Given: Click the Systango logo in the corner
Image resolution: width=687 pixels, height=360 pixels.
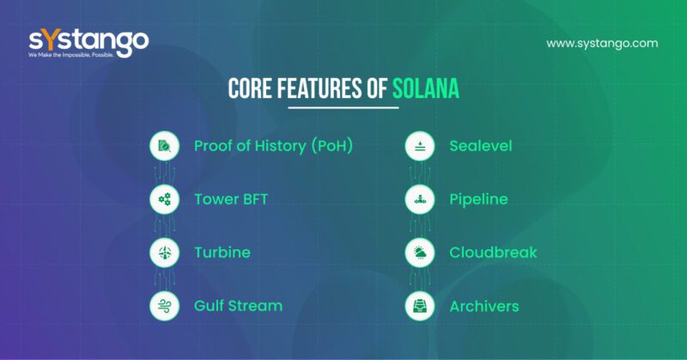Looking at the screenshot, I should click(x=88, y=43).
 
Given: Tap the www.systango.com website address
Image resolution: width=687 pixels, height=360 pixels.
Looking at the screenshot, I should click(x=601, y=43).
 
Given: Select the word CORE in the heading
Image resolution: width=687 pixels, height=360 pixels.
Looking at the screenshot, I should click(x=251, y=88).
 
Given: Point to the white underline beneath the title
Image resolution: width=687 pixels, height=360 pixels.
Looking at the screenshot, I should click(x=343, y=107).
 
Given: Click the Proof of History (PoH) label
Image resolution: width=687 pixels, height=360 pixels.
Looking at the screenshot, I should click(x=273, y=146).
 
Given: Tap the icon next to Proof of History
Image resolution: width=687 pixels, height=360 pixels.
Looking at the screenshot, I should click(x=163, y=146).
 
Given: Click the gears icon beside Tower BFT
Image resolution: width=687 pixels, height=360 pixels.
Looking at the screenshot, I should click(x=163, y=199).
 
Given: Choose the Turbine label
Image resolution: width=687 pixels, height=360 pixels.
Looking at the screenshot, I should click(x=222, y=253).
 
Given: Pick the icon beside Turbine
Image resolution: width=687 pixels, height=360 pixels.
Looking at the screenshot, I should click(x=163, y=253).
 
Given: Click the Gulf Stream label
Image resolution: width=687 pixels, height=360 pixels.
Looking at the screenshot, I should click(x=238, y=305).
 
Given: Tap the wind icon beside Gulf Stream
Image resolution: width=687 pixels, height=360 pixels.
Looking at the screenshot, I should click(x=163, y=305).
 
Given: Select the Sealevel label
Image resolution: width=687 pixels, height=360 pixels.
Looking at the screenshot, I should click(x=480, y=146).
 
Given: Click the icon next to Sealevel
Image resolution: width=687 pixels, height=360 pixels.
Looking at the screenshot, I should click(x=418, y=146).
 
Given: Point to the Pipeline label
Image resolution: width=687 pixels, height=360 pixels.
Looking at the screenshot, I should click(x=478, y=199).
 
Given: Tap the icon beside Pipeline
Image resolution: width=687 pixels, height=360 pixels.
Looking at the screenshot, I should click(x=418, y=199).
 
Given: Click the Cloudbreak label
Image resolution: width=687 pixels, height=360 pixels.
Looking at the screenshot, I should click(x=493, y=253).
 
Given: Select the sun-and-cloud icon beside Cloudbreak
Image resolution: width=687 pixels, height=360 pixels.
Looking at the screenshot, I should click(x=418, y=253).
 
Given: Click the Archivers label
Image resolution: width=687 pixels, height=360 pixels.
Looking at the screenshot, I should click(x=483, y=305).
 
